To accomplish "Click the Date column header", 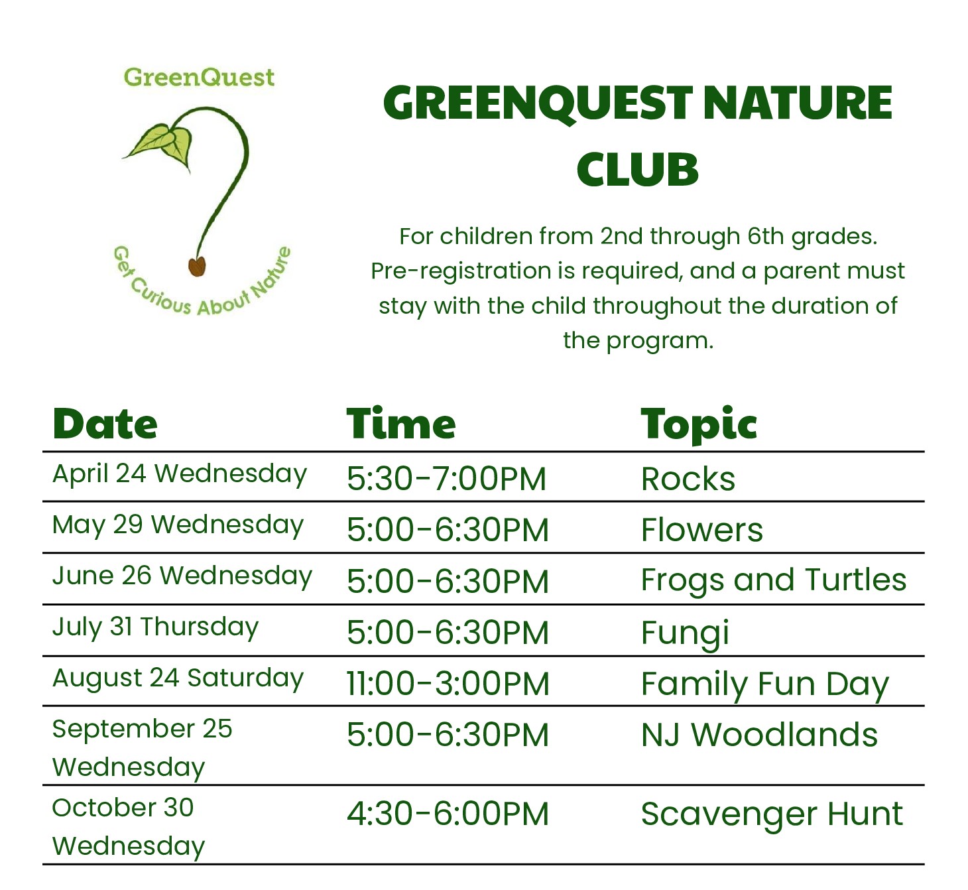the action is point(105,424).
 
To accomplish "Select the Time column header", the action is point(401,424).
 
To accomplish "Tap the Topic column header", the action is point(699,425).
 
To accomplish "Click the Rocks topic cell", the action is point(688,479).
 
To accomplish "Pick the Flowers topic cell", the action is point(702,530).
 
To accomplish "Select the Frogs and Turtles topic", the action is point(774,581).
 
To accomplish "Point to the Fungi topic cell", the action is point(685,633).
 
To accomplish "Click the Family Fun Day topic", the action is point(765,686).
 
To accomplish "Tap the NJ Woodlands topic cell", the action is point(759,735).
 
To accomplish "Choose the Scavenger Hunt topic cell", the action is point(772,814).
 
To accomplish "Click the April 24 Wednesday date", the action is point(180,474).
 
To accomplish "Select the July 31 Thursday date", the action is point(155,628).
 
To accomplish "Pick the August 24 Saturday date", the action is point(178,678).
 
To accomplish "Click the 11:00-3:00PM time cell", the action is point(448,684).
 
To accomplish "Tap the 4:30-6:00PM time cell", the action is point(448,814).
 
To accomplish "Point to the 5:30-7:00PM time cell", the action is point(446,479).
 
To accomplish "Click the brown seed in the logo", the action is point(197,266).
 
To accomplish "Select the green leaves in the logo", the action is point(159,144).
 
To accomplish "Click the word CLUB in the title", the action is point(637,169).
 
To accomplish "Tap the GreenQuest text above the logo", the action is point(199,78).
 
